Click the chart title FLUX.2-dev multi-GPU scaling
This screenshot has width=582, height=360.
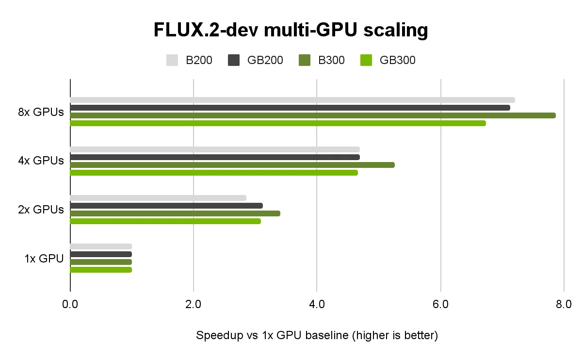tap(291, 30)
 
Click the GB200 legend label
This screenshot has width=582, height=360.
tap(265, 60)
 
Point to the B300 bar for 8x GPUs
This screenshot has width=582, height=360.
tap(313, 115)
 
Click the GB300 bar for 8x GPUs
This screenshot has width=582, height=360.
tap(278, 123)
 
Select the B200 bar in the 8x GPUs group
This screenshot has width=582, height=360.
tap(292, 100)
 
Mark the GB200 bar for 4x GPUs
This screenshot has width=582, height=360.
tap(215, 157)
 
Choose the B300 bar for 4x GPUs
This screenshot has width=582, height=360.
tap(232, 165)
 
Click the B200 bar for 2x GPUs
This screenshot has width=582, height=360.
tap(158, 198)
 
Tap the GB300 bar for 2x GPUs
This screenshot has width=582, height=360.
tap(165, 221)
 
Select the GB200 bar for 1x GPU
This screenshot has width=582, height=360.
tap(101, 254)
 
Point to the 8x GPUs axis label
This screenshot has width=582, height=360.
tap(41, 112)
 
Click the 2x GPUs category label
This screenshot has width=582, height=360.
tap(41, 210)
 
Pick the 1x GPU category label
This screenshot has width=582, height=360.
tap(44, 259)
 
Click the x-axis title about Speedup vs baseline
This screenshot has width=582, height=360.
tap(317, 336)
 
